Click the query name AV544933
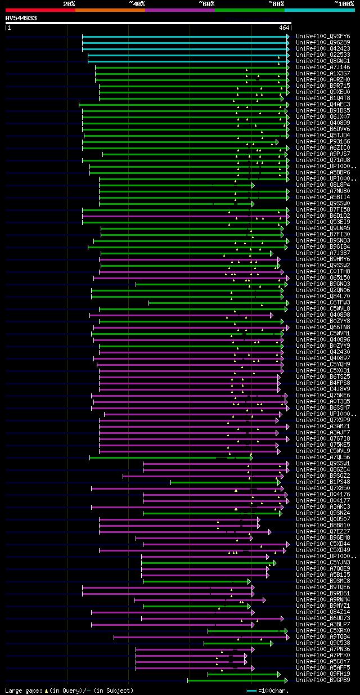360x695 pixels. pos(21,18)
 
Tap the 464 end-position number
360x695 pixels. pos(283,28)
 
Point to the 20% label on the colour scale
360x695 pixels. pos(69,4)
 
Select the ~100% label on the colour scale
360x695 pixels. pos(344,4)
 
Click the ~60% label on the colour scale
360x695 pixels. pos(206,4)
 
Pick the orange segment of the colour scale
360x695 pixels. pos(110,10)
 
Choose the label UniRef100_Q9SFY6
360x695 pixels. pos(323,37)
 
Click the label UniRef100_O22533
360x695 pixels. pos(323,55)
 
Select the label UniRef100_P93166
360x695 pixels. pos(323,142)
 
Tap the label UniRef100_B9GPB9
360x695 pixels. pos(323,680)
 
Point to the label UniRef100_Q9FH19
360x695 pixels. pos(323,674)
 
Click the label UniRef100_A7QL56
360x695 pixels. pos(323,458)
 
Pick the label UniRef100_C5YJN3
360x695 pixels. pos(323,563)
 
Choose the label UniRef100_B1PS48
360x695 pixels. pos(323,482)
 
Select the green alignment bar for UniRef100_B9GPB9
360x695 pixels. pos(237,680)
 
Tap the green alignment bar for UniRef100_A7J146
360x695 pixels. pos(191,68)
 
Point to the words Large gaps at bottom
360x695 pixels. pos(23,690)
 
